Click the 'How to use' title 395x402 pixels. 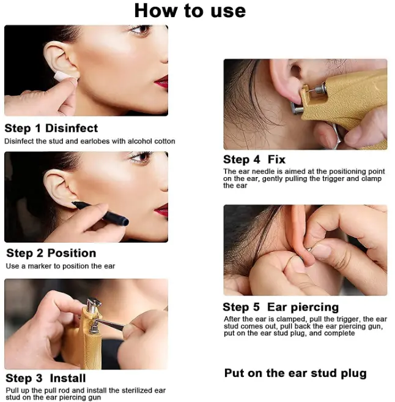[190, 11]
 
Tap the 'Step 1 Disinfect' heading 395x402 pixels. [51, 128]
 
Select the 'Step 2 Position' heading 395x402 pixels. [51, 253]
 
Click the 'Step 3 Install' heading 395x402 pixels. [45, 378]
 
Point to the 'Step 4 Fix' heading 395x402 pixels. [254, 159]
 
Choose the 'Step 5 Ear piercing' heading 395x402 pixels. [281, 307]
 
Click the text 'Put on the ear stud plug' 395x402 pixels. [295, 374]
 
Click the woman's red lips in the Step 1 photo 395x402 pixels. [162, 82]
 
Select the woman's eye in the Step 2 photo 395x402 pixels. [141, 156]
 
